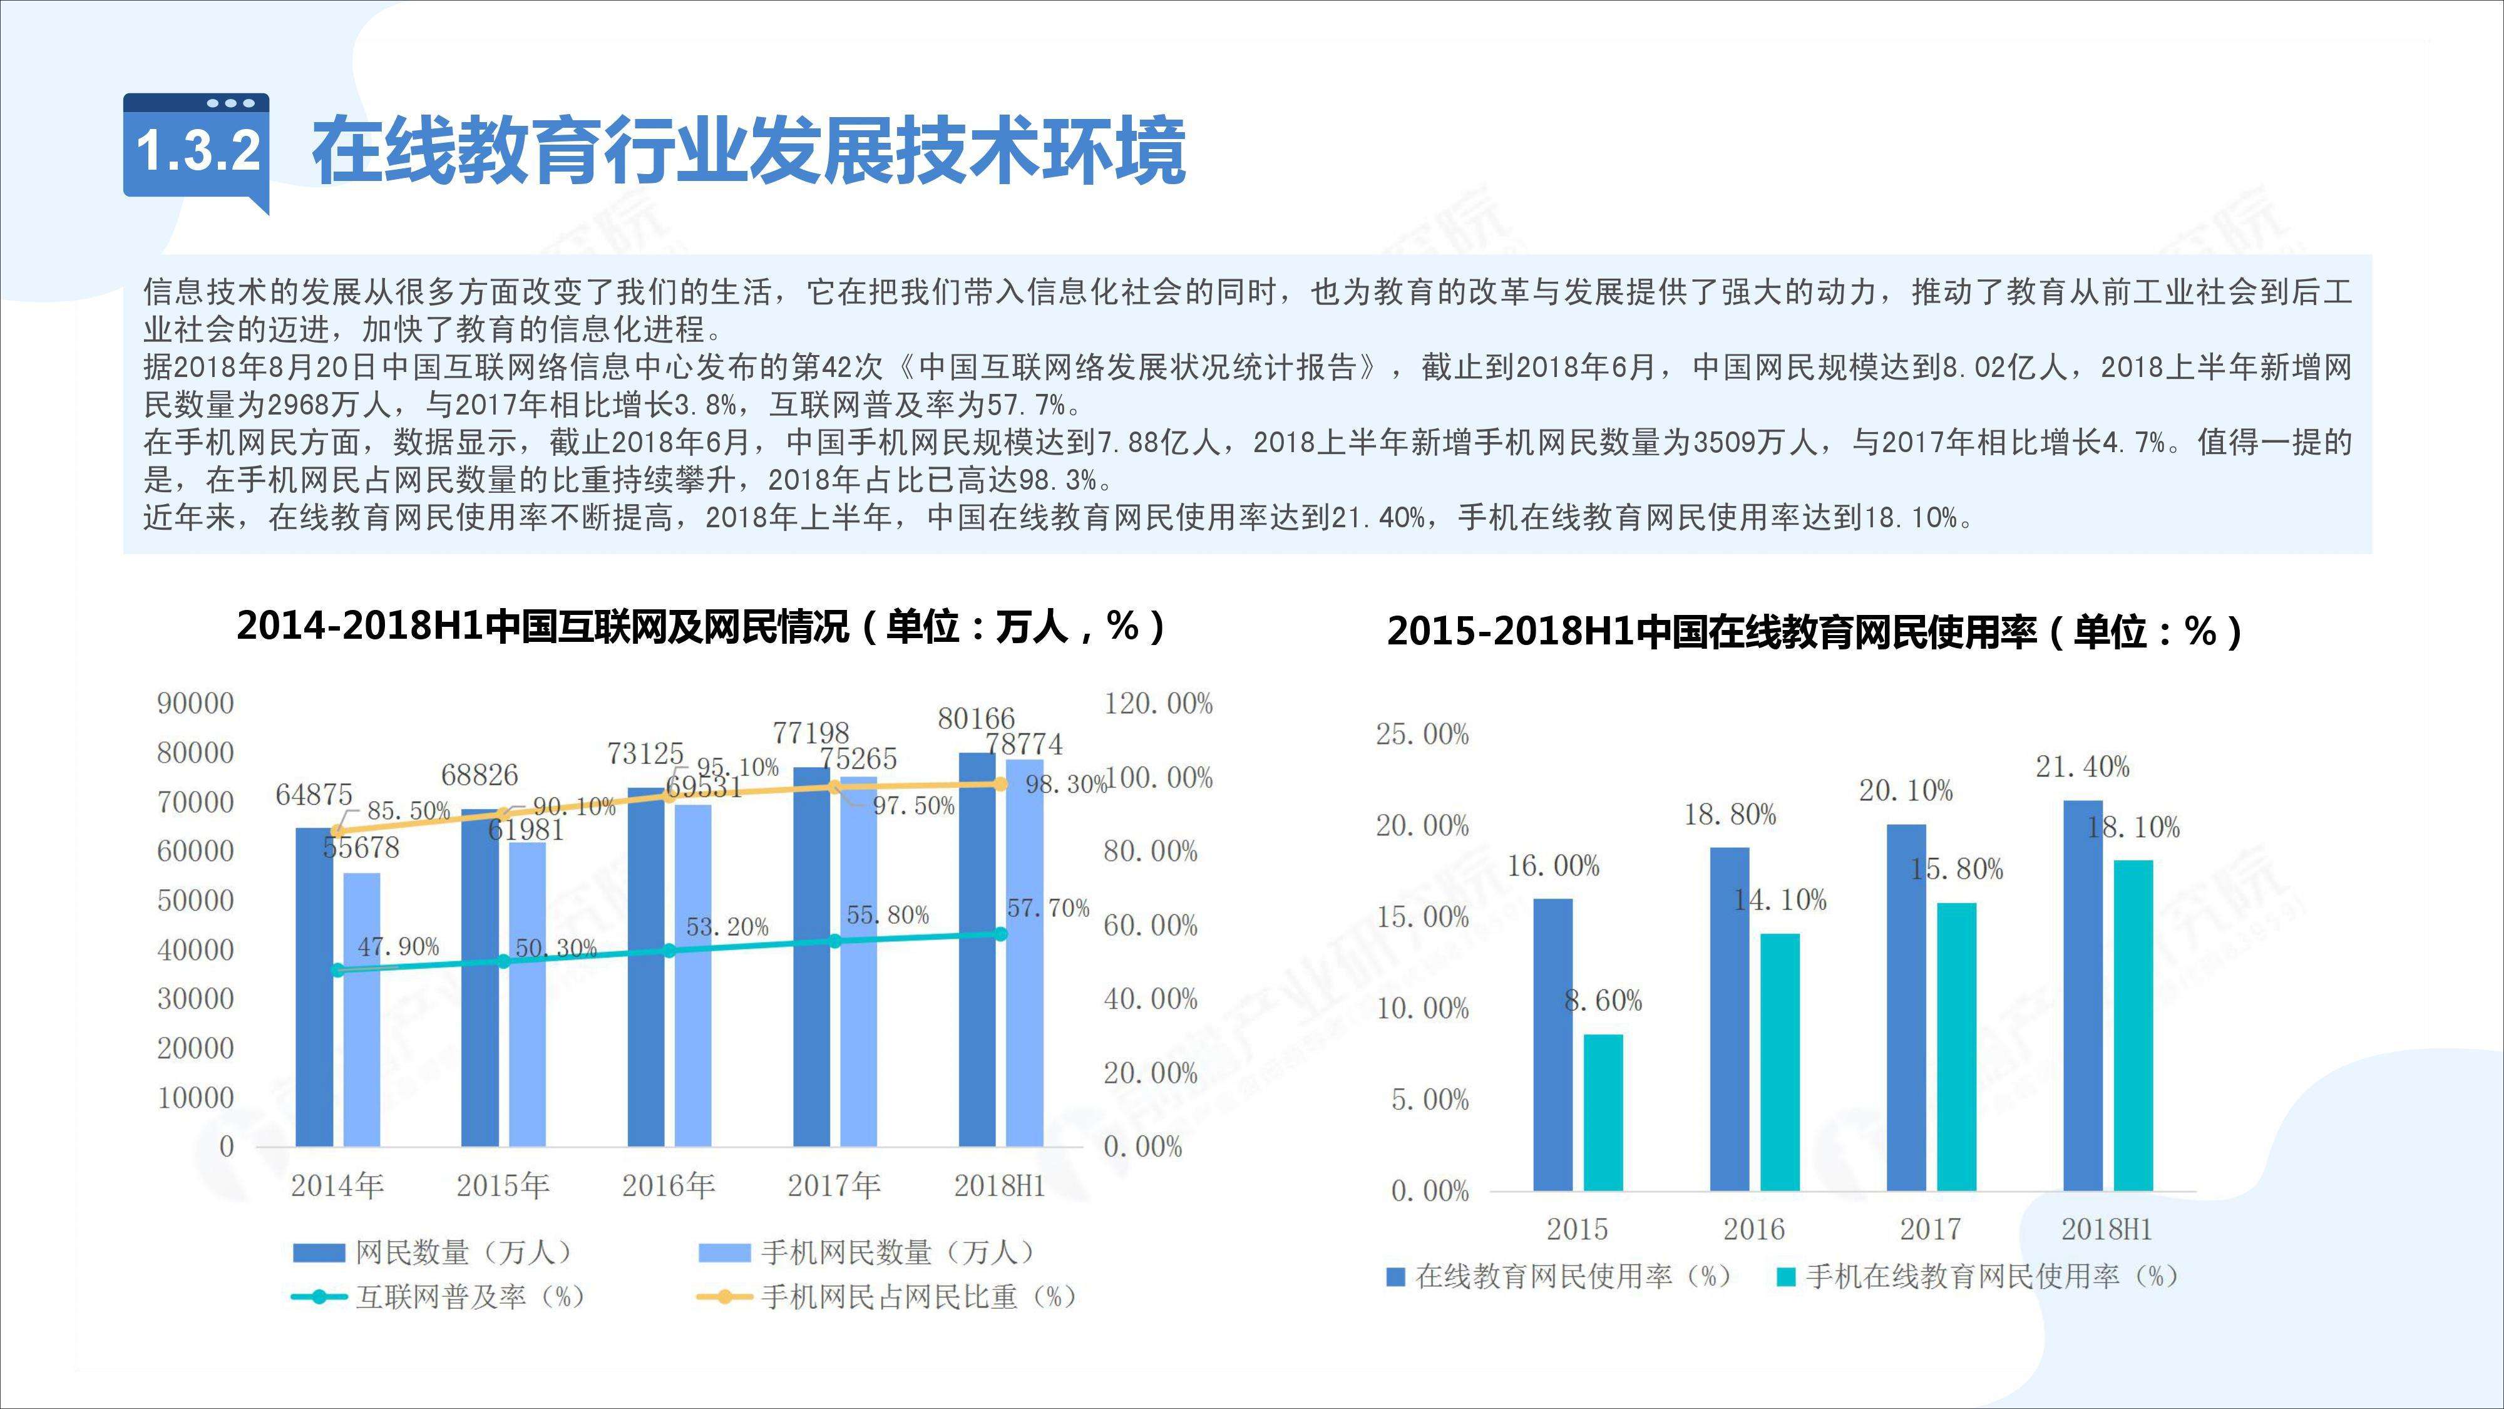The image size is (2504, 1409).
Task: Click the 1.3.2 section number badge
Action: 197,151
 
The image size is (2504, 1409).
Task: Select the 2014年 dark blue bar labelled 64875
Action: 314,987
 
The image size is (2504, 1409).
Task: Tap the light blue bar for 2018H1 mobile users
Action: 1025,953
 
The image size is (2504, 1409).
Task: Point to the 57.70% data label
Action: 1048,908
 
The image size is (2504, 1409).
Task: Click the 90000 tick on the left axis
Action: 195,703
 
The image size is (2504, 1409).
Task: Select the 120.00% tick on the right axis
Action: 1157,703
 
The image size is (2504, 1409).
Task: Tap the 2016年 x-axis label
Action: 669,1185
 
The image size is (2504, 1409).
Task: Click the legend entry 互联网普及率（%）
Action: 439,1297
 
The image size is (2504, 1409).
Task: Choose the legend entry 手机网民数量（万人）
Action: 867,1252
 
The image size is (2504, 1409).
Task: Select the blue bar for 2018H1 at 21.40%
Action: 2082,996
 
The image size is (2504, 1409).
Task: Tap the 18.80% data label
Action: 1729,815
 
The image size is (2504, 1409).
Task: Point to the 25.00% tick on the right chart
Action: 1421,734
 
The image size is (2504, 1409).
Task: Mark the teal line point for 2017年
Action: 834,941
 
